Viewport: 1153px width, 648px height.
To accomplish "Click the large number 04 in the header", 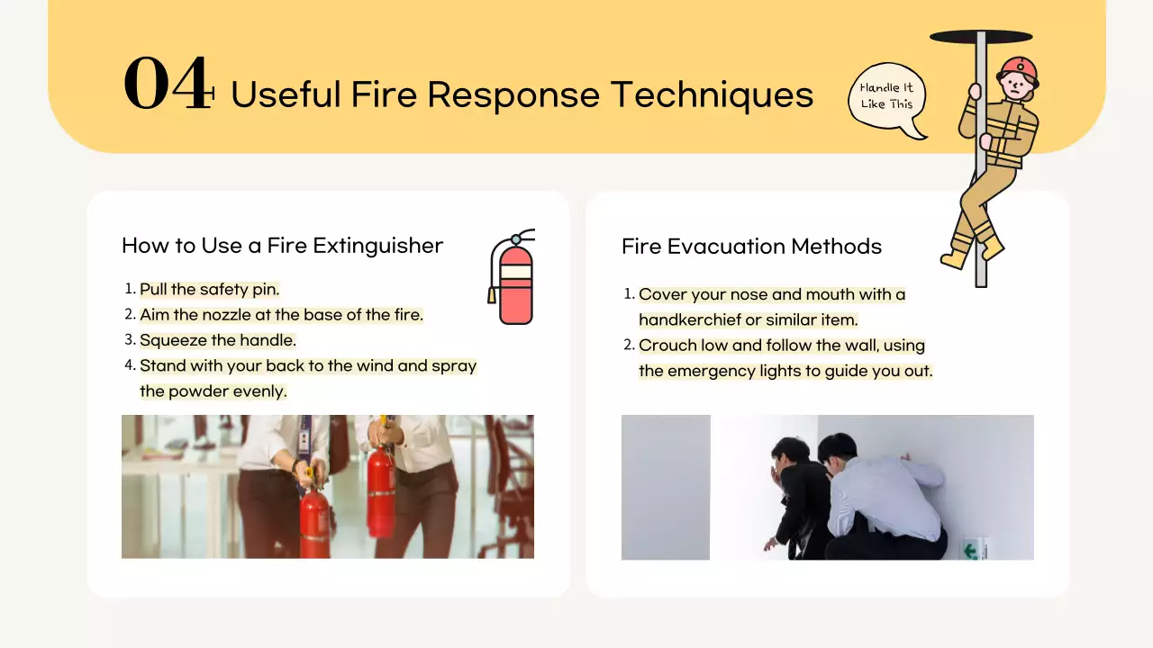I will [x=168, y=85].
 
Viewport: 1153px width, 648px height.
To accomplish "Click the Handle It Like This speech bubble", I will [x=886, y=96].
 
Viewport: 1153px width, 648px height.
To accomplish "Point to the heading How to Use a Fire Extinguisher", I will [x=282, y=246].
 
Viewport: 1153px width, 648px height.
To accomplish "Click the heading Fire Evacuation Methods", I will [x=751, y=247].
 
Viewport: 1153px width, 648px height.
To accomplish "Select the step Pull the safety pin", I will [x=209, y=290].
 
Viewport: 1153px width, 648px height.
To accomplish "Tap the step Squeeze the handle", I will [x=217, y=340].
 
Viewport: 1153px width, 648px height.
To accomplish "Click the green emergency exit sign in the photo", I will [x=971, y=548].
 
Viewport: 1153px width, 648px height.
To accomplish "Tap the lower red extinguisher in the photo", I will [x=314, y=522].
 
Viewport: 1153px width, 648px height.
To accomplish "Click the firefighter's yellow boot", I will [x=954, y=259].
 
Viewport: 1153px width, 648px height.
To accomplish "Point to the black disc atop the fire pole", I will [x=980, y=37].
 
